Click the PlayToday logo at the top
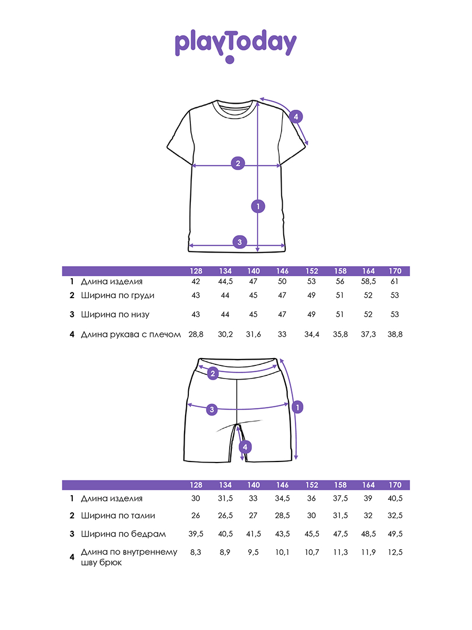pyautogui.click(x=235, y=45)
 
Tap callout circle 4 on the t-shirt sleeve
pyautogui.click(x=296, y=117)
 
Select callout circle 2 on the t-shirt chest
pyautogui.click(x=238, y=163)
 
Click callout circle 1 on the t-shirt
pyautogui.click(x=258, y=206)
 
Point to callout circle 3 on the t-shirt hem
pyautogui.click(x=240, y=242)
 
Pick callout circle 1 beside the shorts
pyautogui.click(x=297, y=407)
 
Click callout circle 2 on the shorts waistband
pyautogui.click(x=213, y=374)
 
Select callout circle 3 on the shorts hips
pyautogui.click(x=212, y=409)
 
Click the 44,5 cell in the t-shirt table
pyautogui.click(x=226, y=281)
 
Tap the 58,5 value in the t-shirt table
pyautogui.click(x=368, y=281)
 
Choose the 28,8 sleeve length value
pyautogui.click(x=196, y=334)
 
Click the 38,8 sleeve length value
pyautogui.click(x=395, y=334)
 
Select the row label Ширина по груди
pyautogui.click(x=117, y=295)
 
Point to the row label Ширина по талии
pyautogui.click(x=118, y=516)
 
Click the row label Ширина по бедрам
pyautogui.click(x=123, y=534)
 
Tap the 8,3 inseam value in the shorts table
pyautogui.click(x=196, y=552)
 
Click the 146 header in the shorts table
pyautogui.click(x=283, y=485)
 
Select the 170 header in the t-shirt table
pyautogui.click(x=395, y=271)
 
